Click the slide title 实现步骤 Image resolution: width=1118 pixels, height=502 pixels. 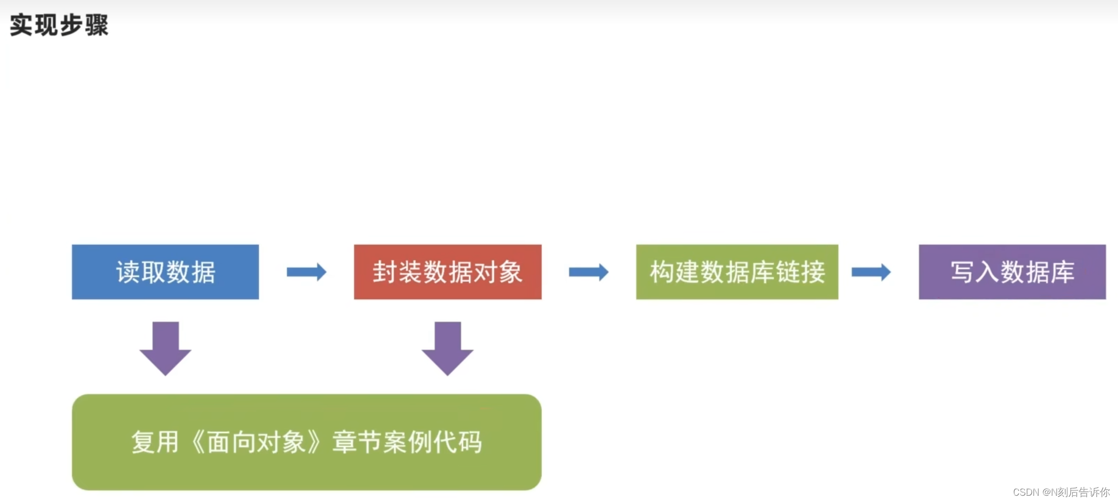click(59, 25)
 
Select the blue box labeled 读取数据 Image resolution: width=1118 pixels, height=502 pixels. click(165, 272)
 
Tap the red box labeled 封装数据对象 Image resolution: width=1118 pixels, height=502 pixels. click(448, 272)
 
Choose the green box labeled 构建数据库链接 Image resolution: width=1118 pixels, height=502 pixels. click(737, 272)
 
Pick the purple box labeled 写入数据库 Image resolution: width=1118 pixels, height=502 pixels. click(1012, 272)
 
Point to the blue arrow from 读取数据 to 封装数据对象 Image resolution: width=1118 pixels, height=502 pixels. click(307, 272)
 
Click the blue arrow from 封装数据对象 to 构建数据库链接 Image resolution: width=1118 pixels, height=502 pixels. click(588, 272)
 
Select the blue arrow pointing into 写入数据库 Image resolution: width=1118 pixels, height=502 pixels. click(871, 272)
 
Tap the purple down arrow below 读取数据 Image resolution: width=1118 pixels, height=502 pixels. click(165, 348)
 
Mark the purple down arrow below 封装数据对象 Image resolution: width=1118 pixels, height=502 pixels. click(448, 348)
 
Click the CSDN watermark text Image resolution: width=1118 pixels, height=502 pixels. click(1061, 492)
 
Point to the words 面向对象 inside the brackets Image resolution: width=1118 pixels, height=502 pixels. click(256, 442)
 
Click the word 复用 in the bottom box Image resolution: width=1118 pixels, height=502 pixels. click(155, 442)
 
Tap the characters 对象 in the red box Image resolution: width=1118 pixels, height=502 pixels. click(498, 272)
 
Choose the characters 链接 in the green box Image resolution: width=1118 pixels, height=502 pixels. click(800, 272)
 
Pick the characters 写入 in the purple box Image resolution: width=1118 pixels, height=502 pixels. click(974, 272)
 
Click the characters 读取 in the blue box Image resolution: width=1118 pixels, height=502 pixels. click(141, 272)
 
